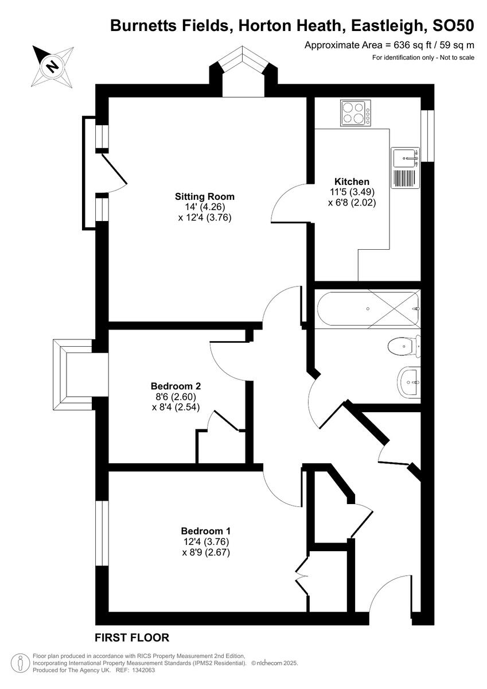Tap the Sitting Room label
pos(205,196)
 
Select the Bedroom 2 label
pos(176,386)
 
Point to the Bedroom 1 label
pos(205,531)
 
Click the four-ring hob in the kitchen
pos(355,113)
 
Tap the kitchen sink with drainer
pos(406,167)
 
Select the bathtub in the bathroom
pos(368,309)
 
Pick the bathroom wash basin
pos(410,380)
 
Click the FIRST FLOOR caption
pos(132,637)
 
